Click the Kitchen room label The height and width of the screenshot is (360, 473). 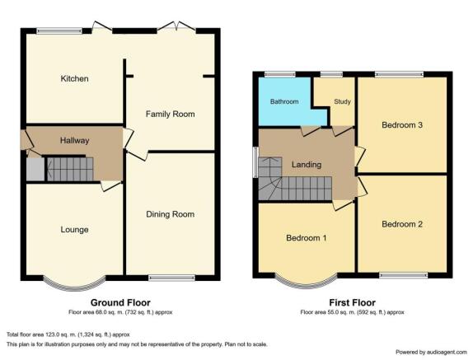coord(74,79)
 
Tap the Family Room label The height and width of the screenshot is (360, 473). coord(170,114)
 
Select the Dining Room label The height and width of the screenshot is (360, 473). coord(170,214)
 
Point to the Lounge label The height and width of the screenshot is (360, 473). coord(74,230)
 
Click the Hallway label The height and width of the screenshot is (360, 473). coord(74,141)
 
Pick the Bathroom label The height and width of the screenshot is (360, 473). coord(284,101)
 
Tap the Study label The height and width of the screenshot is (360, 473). coord(342,101)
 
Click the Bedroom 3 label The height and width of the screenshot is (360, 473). coord(402,125)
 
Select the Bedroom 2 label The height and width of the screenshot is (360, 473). coord(402,224)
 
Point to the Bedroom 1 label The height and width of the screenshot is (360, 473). coord(307,238)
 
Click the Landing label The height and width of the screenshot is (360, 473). coord(307,165)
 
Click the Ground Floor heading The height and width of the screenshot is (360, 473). coord(120,302)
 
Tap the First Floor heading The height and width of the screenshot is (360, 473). coord(353,302)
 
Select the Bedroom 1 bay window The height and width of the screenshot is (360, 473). coord(307,284)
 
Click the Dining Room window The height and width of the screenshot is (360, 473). coord(171,278)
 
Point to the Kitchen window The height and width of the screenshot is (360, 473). coord(59,30)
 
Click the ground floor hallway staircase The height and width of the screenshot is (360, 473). coord(69,169)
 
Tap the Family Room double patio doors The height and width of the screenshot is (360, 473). coord(176,26)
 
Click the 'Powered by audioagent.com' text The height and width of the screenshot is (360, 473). coord(431,352)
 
